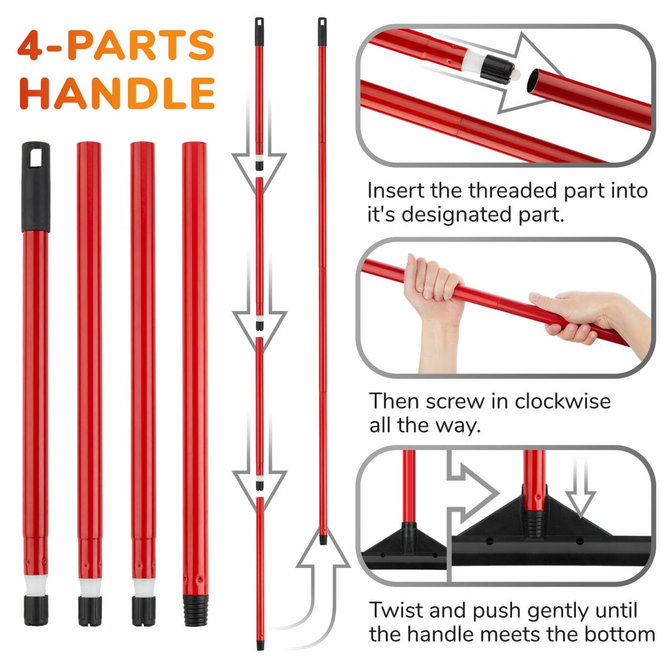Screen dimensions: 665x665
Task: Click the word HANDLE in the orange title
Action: tap(117, 93)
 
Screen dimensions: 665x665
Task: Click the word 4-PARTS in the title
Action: tap(116, 45)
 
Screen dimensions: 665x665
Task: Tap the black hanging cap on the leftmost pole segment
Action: tap(35, 186)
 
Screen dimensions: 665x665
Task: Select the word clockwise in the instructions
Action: tap(562, 401)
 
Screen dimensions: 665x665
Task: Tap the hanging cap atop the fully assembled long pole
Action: tap(322, 32)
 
